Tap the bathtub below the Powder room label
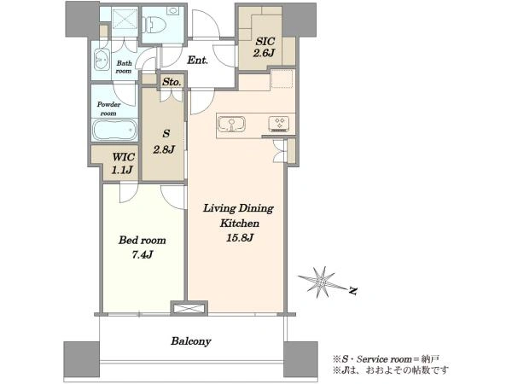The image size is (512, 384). coord(115,130)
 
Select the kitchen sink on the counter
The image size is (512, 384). coord(231,125)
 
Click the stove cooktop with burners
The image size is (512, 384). coord(280,124)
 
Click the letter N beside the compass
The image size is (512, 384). coord(352,290)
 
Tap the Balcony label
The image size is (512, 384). coord(191,341)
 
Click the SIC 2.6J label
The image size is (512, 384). coord(265,47)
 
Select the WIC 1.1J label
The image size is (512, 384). coord(122,163)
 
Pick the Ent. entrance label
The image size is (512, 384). coord(198,60)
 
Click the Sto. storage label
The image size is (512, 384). coord(172,82)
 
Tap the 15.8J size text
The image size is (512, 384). coord(240,237)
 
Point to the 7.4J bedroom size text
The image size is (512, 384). coord(143,254)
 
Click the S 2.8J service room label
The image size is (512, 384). coord(164,142)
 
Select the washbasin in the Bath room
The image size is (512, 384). coord(102,60)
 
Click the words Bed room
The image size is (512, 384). coord(142,241)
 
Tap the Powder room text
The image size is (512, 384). coord(108,108)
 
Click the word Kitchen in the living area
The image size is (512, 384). coord(240,224)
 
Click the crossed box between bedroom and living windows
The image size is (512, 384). coord(189,309)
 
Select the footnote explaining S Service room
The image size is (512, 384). coord(386,359)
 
